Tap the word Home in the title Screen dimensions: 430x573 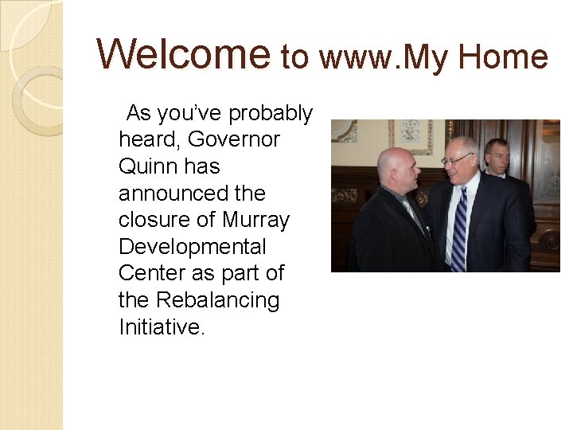504,57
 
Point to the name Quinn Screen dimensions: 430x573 148,167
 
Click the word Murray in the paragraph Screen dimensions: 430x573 255,220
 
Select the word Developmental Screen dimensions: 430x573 192,247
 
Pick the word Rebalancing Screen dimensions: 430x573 217,300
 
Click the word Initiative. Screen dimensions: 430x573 162,326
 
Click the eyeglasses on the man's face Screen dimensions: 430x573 457,158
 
